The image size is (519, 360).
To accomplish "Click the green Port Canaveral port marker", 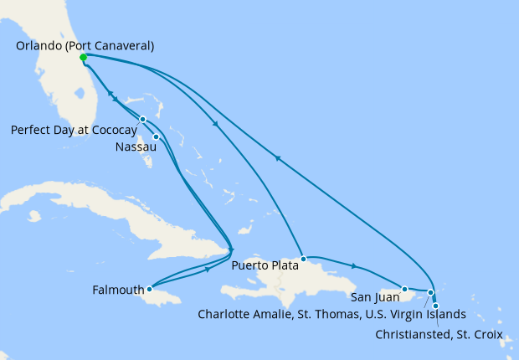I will (x=83, y=58).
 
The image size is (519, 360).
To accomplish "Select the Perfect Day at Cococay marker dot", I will (x=143, y=119).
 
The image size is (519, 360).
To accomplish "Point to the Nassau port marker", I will (x=156, y=136).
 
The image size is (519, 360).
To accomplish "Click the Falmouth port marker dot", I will (x=149, y=289).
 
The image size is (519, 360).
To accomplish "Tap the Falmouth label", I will (x=118, y=292).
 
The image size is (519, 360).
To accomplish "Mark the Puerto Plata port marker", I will (x=304, y=259).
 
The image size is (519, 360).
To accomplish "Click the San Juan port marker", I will (x=404, y=289).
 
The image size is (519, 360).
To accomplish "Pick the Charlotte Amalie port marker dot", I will (x=430, y=293).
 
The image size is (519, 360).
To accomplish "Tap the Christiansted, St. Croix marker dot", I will (x=435, y=306).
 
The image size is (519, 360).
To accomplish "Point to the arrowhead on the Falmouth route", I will (x=207, y=270).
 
